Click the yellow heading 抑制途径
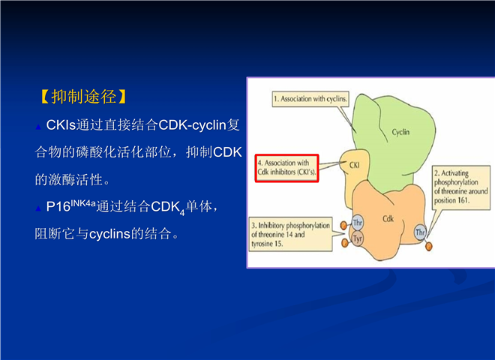click(x=84, y=97)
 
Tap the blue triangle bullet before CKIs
click(x=38, y=127)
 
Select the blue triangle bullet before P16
click(x=38, y=208)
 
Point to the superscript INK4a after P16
click(x=83, y=202)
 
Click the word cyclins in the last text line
click(x=109, y=234)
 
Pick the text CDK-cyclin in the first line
click(x=192, y=125)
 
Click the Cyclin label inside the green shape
click(x=400, y=132)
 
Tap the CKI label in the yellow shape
click(x=354, y=165)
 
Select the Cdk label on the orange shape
click(x=388, y=218)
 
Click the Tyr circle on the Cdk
click(x=357, y=238)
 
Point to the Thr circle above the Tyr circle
click(x=357, y=223)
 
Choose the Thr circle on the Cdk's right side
click(x=420, y=232)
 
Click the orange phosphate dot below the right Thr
click(x=429, y=246)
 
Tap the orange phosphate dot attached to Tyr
click(x=345, y=243)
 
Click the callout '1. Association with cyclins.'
click(x=310, y=99)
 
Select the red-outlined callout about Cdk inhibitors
click(x=286, y=168)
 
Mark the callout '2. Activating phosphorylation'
click(x=461, y=187)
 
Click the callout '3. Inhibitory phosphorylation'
click(x=290, y=234)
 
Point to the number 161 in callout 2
click(x=463, y=200)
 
